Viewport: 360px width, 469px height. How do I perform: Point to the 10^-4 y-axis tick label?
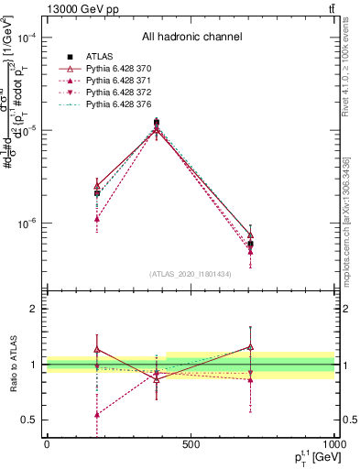coord(27,38)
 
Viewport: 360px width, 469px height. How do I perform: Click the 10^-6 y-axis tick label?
coord(27,224)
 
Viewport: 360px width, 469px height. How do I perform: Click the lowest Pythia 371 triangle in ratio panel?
coord(96,414)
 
